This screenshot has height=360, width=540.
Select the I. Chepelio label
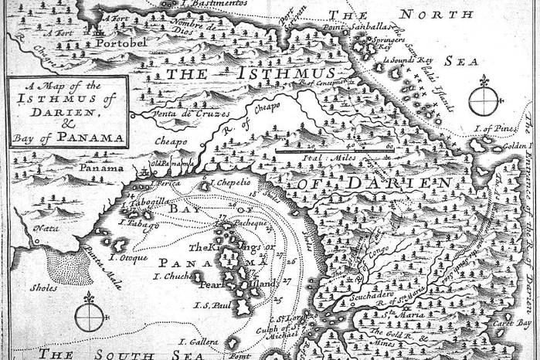[x=230, y=183]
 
